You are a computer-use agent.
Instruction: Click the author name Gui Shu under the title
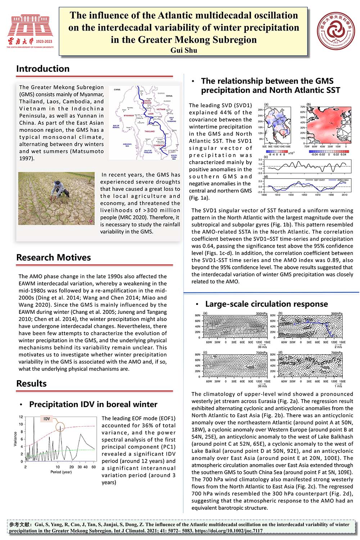point(184,50)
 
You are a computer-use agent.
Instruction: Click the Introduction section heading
point(43,69)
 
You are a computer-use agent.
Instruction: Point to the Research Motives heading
point(53,257)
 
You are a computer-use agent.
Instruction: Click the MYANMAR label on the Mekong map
point(129,115)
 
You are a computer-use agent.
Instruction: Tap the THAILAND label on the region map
point(150,131)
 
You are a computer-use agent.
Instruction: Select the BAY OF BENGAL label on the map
point(116,126)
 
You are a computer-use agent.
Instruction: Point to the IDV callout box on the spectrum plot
point(47,419)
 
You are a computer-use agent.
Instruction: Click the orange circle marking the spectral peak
point(60,427)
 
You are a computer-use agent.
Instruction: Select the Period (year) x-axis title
point(61,472)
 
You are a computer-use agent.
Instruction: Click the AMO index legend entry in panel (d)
point(343,180)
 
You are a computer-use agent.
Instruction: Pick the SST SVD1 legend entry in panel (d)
point(319,180)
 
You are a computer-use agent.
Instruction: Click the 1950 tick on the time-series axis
point(304,195)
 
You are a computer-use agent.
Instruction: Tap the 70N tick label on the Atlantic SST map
point(302,107)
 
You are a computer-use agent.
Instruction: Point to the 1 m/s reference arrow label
point(338,386)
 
